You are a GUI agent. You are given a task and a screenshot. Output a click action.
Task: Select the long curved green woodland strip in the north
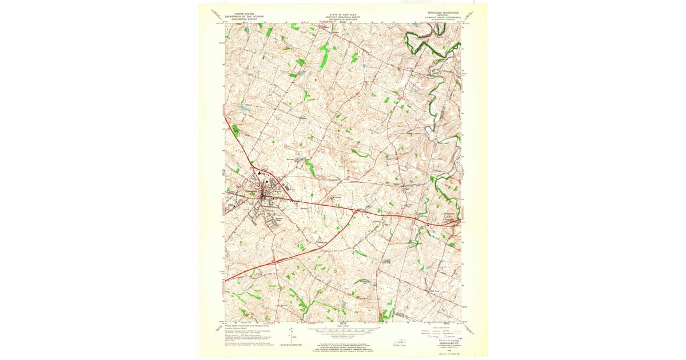pos(324,57)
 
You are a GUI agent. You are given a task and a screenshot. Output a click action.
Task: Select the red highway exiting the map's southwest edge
pos(229,279)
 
